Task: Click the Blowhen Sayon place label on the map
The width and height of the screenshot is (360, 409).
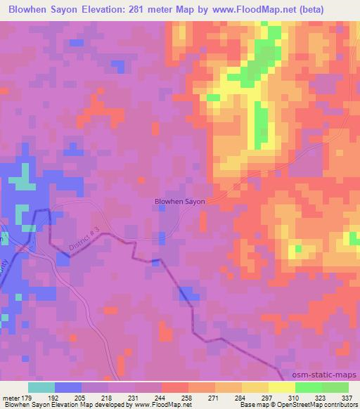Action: point(180,201)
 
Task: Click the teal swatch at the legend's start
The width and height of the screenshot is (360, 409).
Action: point(41,387)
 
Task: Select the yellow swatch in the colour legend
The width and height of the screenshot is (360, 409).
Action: point(281,387)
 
